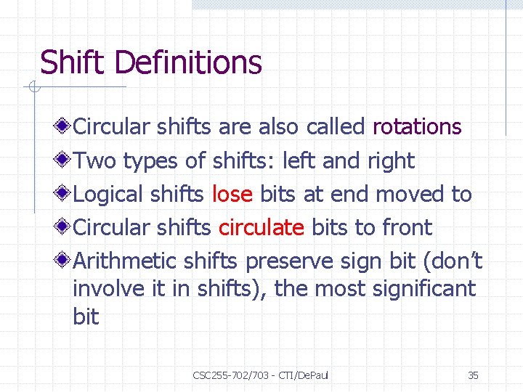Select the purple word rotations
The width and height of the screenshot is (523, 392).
tap(417, 127)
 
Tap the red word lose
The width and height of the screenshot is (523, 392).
tap(232, 195)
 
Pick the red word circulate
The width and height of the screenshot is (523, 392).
tap(261, 228)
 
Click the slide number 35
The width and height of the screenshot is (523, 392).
tap(473, 375)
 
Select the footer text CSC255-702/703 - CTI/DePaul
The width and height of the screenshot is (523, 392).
tap(260, 375)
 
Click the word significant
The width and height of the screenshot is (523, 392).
tap(423, 289)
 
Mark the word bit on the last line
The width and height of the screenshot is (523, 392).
tap(86, 317)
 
